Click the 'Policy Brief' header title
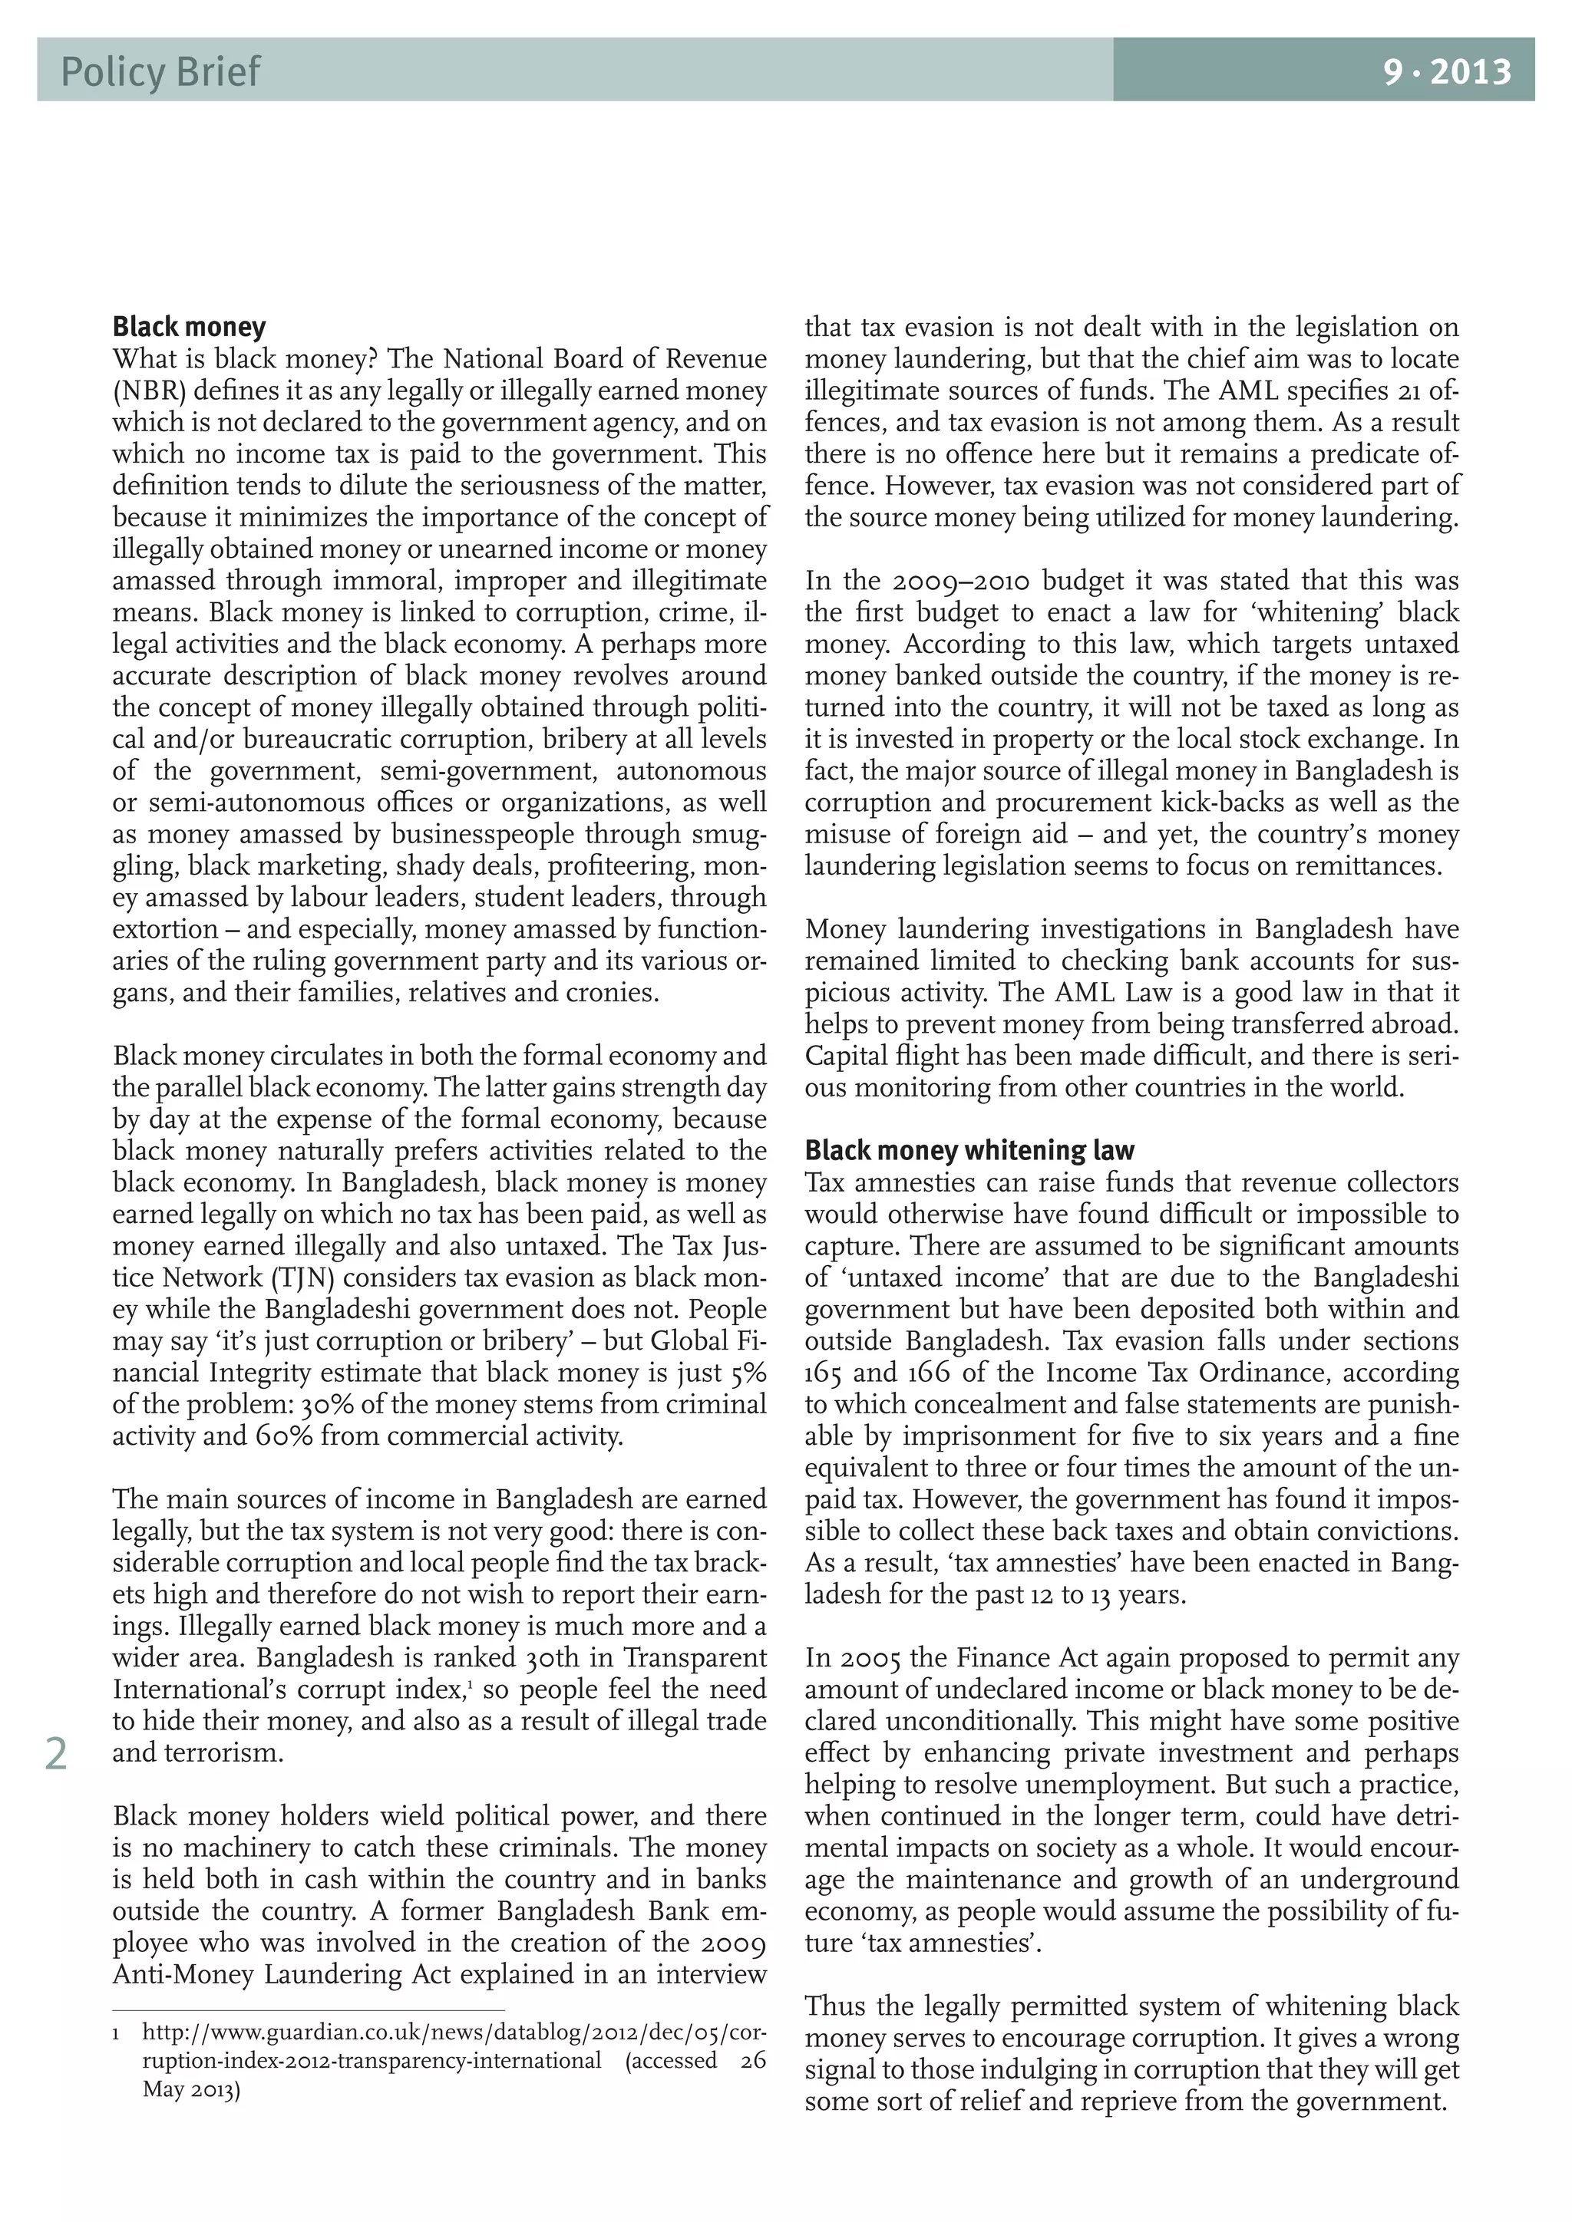coord(160,71)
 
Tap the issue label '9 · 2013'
coord(1446,71)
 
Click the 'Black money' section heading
coord(189,326)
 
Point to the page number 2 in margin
coord(56,1755)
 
